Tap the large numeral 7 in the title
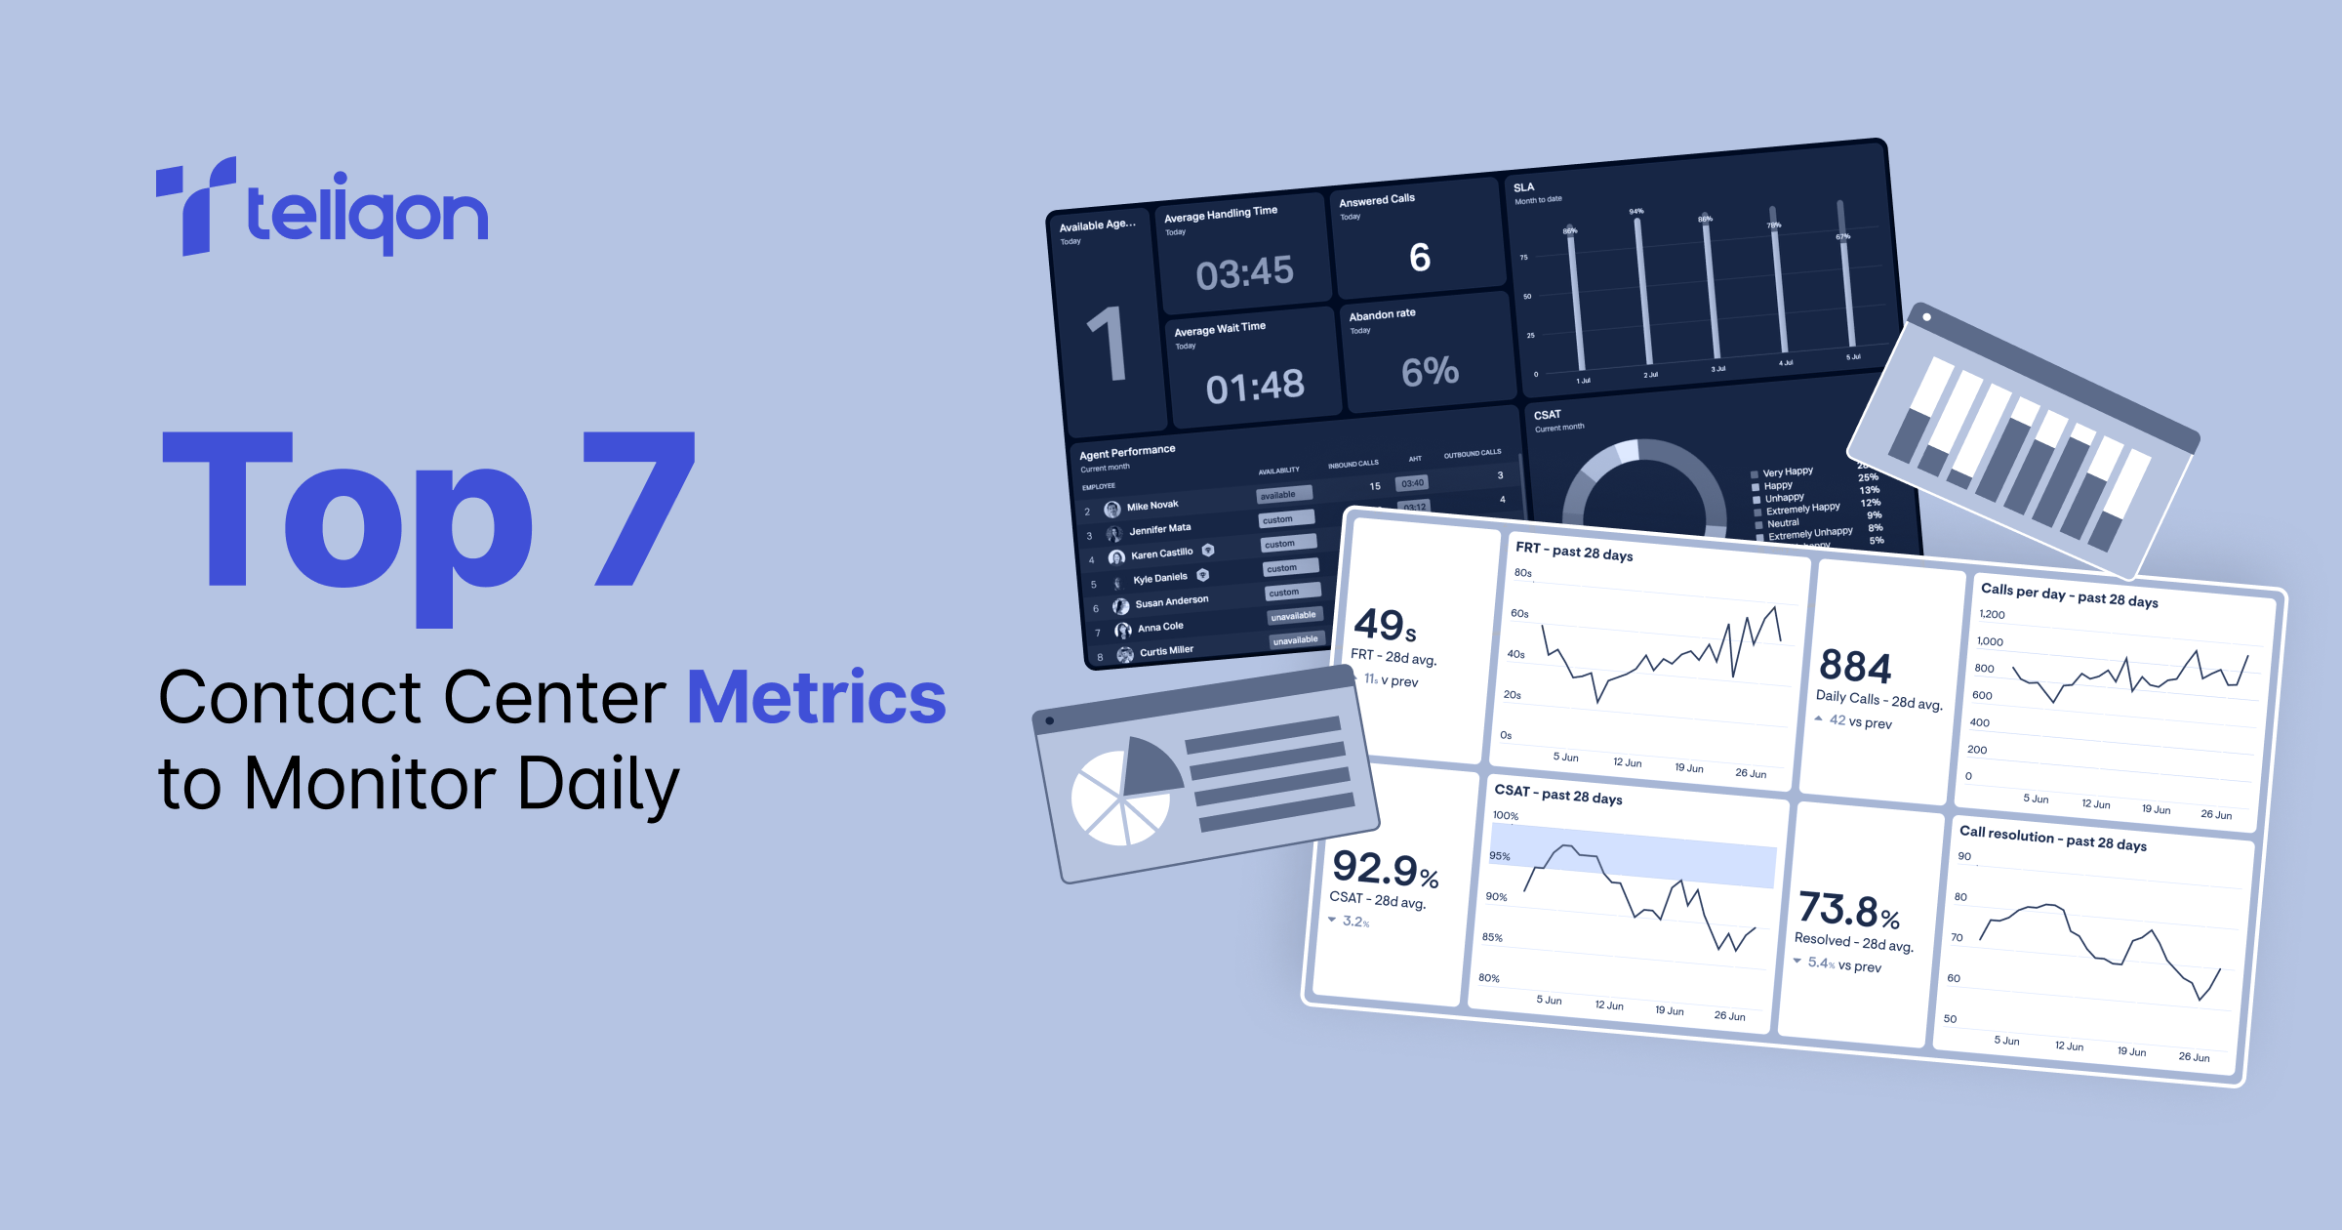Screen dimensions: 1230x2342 point(638,508)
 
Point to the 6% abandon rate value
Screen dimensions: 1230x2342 point(1430,371)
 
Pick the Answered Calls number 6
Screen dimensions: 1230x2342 point(1420,258)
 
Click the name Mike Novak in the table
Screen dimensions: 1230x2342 point(1152,506)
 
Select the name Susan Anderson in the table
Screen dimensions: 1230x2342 point(1171,602)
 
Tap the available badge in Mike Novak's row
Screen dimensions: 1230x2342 point(1277,495)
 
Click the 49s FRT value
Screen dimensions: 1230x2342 point(1385,625)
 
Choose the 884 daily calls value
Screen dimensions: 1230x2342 point(1855,667)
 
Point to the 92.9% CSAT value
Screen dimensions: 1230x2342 point(1385,868)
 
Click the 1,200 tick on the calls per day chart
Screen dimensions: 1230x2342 point(1992,614)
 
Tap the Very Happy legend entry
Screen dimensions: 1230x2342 point(1787,472)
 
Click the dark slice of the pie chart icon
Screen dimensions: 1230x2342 point(1151,766)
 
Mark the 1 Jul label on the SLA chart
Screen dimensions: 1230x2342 point(1583,381)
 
